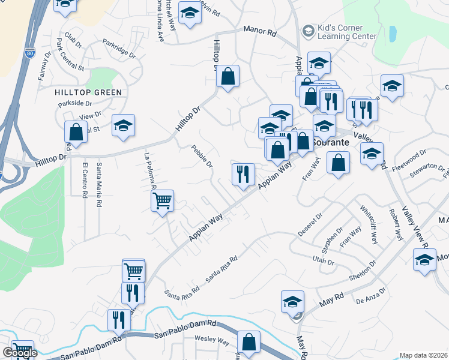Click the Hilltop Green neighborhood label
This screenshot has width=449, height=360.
(88, 92)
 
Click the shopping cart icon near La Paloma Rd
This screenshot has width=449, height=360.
(162, 201)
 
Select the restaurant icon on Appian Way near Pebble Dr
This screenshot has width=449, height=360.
(243, 175)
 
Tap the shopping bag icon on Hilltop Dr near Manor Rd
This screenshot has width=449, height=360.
(228, 76)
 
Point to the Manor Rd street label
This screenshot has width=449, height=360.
(259, 31)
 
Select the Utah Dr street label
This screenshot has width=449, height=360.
(323, 261)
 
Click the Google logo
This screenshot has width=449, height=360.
(20, 353)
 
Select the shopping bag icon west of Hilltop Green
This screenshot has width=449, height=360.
(76, 131)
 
